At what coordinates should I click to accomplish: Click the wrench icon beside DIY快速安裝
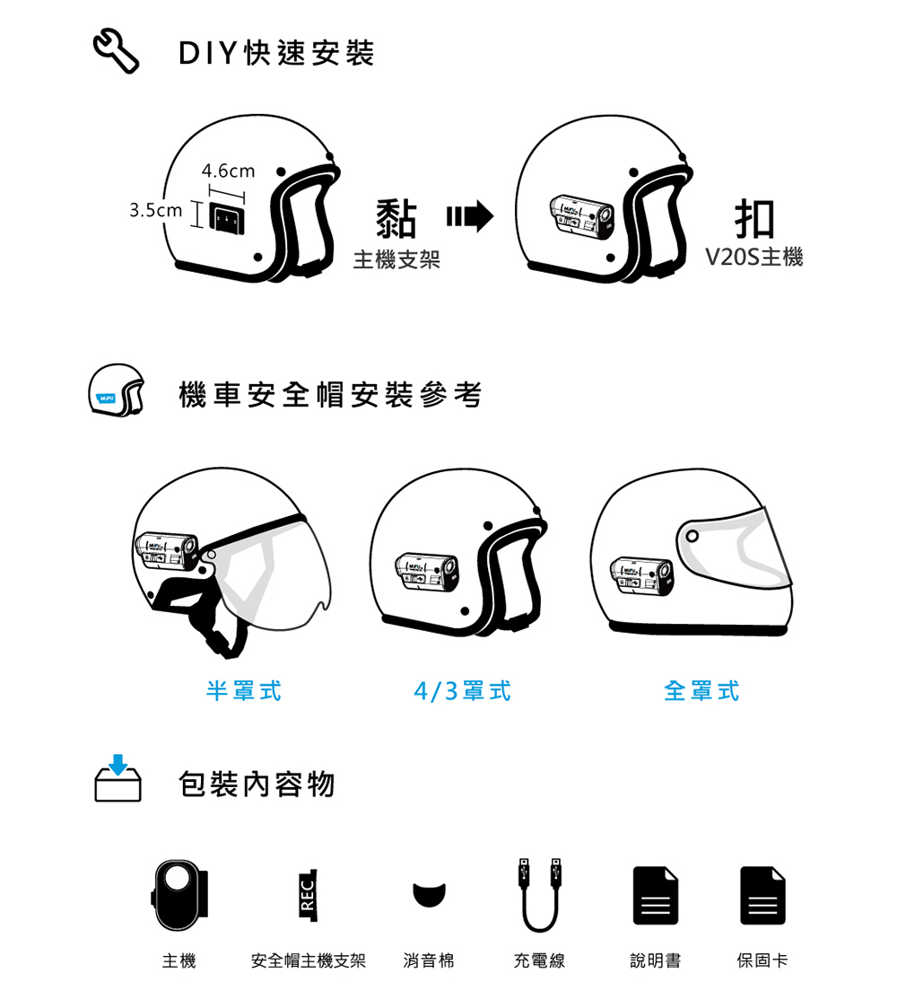click(117, 51)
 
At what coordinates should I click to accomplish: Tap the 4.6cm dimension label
click(228, 171)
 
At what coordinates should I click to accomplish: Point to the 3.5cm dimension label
click(155, 210)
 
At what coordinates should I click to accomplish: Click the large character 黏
click(396, 219)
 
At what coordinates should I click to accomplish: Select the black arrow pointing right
click(470, 216)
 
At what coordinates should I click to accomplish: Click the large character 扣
click(754, 219)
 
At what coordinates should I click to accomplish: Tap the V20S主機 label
click(754, 257)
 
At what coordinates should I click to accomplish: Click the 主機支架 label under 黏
click(396, 259)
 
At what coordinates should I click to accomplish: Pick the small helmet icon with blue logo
click(117, 390)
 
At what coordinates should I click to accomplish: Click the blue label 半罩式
click(244, 691)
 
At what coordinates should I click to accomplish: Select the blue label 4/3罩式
click(463, 691)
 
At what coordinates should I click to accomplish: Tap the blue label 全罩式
click(701, 691)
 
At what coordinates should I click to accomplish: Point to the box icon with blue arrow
click(118, 778)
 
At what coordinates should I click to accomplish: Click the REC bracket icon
click(309, 896)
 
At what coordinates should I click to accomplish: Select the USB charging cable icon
click(540, 895)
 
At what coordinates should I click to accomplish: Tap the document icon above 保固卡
click(762, 896)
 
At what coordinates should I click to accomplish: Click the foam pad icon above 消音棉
click(430, 895)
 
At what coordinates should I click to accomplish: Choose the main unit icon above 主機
click(180, 896)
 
